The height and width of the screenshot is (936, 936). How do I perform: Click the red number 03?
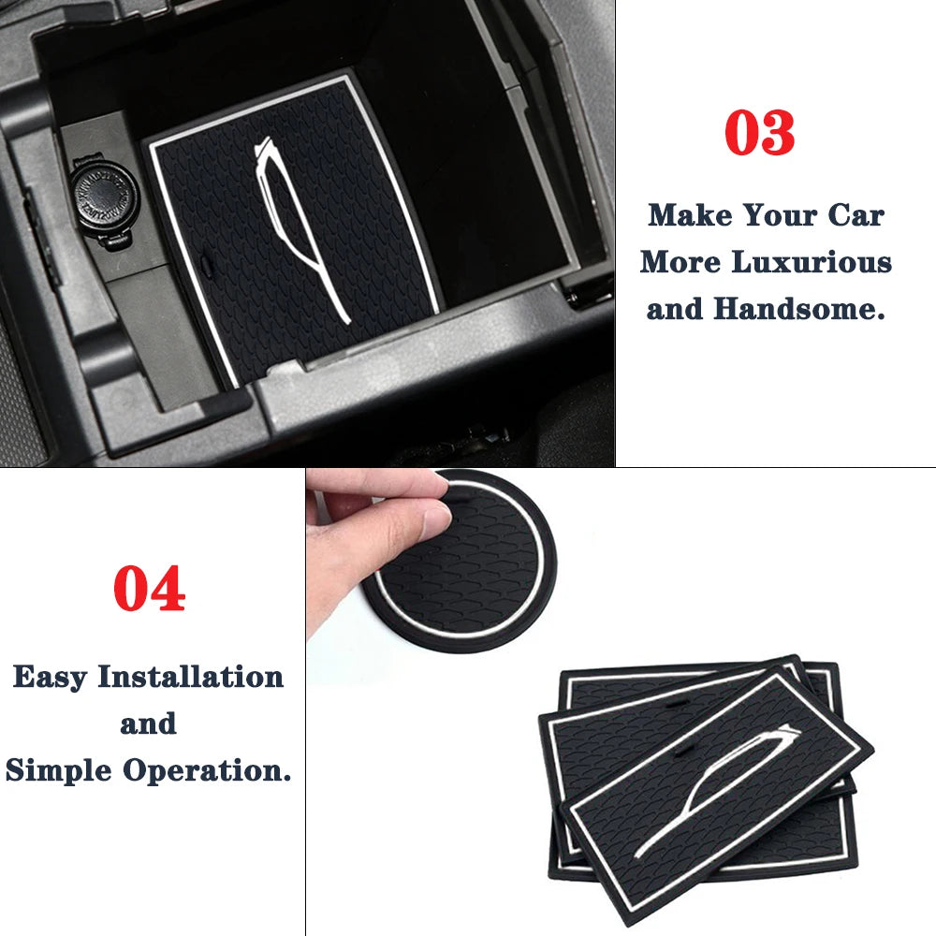point(759,133)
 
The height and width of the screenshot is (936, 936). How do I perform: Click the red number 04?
point(149,589)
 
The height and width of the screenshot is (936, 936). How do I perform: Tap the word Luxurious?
point(812,262)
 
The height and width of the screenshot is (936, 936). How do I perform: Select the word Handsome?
point(798,309)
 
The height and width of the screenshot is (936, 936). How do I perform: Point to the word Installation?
point(190,677)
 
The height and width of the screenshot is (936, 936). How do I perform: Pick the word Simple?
point(58,771)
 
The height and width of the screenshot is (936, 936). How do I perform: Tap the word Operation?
point(207,771)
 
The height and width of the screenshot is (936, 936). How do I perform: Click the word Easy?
point(51,678)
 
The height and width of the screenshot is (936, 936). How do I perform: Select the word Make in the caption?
point(690,215)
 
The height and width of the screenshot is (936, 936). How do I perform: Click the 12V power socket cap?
point(104,197)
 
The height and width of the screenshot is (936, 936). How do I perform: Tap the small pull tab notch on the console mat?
point(207,266)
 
